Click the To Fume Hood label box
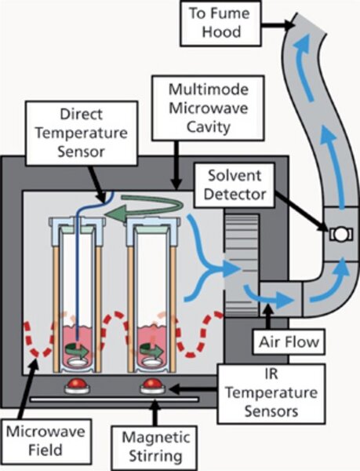coord(220,24)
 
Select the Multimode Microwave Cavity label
coord(208,108)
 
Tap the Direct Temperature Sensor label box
coord(82,133)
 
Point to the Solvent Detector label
coord(235,185)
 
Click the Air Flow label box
coord(289,341)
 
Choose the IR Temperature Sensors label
coord(271,393)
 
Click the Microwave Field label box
coord(45,440)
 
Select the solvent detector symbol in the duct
coord(341,233)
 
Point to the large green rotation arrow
coord(144,208)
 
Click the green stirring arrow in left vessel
coord(77,349)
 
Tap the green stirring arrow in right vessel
coord(152,349)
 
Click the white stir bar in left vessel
coord(78,361)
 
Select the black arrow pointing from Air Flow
coord(268,317)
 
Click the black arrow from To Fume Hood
coord(278,24)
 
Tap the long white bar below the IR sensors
coord(115,400)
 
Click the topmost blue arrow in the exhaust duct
coord(305,66)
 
